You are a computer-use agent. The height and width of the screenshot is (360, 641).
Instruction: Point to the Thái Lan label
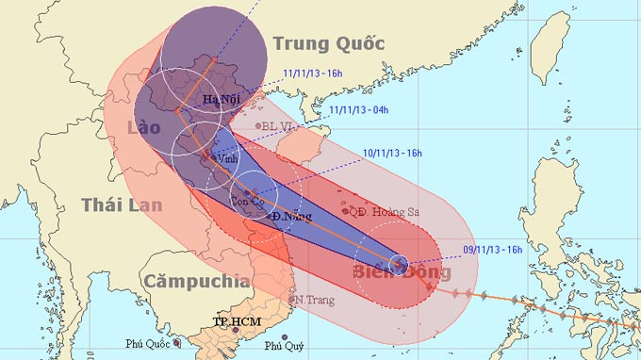(122, 205)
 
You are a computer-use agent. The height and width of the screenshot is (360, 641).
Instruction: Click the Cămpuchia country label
(196, 280)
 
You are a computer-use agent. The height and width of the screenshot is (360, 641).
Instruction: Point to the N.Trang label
(312, 299)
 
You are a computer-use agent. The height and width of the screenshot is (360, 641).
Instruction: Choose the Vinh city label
(227, 159)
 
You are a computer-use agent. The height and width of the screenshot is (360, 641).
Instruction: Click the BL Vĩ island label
(279, 125)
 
